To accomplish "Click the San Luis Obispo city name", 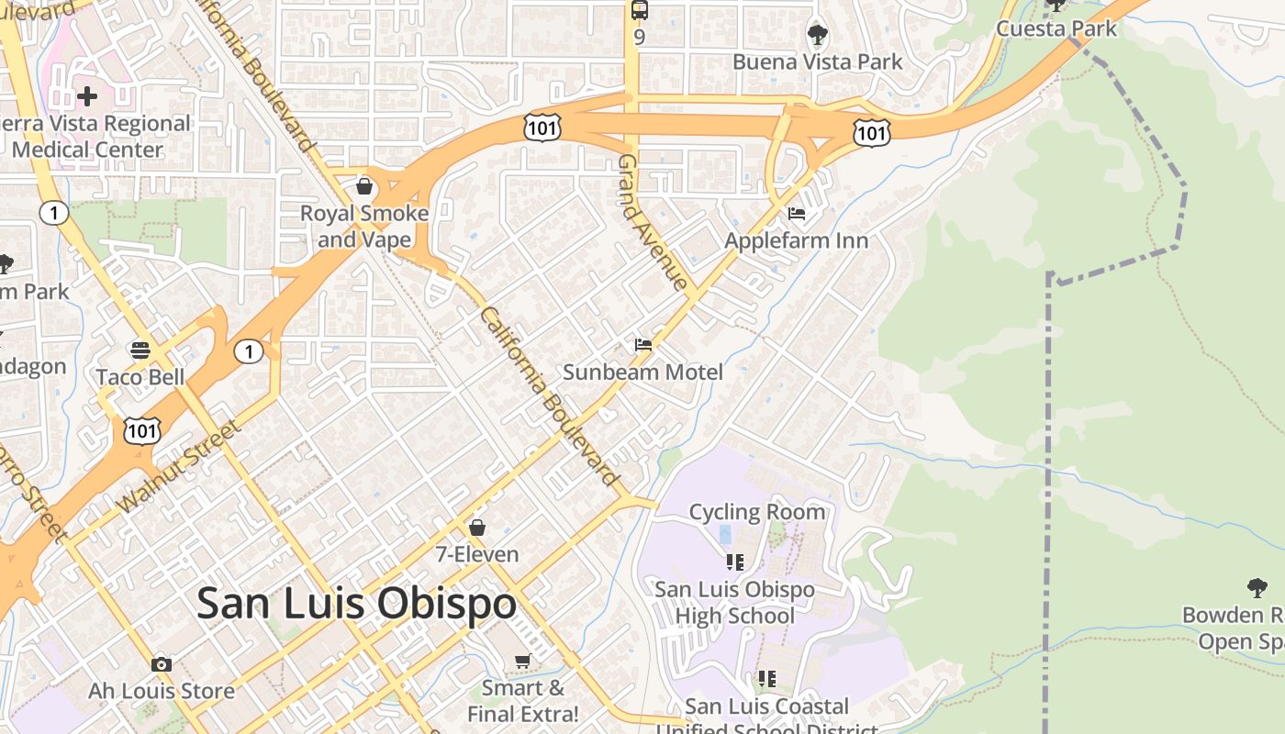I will tap(356, 604).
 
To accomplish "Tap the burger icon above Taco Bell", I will tap(140, 350).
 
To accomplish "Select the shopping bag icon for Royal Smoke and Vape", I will tap(364, 187).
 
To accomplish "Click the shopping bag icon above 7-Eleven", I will tap(476, 528).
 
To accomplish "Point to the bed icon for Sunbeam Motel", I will tap(642, 345).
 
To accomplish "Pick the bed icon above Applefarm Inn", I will tap(796, 214).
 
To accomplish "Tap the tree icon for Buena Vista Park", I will tap(817, 36).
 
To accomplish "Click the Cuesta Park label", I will tap(1056, 28).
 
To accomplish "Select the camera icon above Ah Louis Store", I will tap(162, 664).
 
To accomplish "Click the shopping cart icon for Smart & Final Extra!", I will tap(522, 662).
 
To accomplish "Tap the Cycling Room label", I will tap(756, 512).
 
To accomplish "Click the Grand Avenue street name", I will tap(653, 222).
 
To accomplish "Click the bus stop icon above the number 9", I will tap(639, 11).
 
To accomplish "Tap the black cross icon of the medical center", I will tap(87, 95).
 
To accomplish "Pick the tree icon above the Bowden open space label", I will tap(1257, 588).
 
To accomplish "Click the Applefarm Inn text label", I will tap(796, 240).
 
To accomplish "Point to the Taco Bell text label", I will tap(140, 377).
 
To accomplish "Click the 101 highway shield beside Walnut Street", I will tap(143, 429).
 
